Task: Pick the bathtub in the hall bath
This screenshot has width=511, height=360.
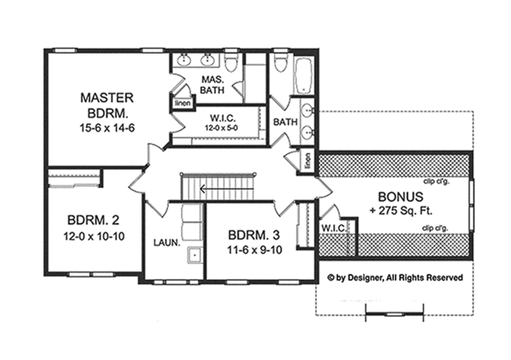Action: coord(306,77)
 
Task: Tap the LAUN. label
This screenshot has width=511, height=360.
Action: coord(166,243)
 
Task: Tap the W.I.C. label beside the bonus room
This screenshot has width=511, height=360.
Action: coord(331,228)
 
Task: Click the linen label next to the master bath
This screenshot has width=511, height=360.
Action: coord(181,104)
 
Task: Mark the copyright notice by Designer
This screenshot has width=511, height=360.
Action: coord(395,277)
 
